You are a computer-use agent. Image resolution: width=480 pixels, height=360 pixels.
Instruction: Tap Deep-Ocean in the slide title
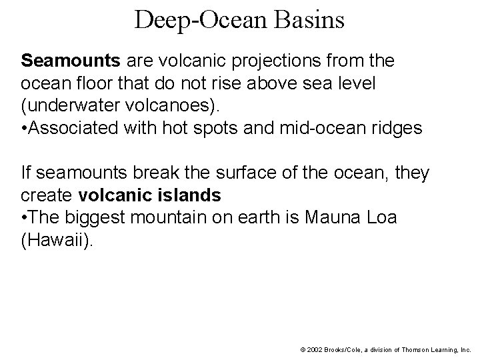click(x=197, y=20)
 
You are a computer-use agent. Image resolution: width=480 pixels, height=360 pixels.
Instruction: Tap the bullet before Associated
click(x=25, y=129)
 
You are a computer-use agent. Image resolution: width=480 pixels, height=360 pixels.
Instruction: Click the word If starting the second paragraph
click(x=26, y=174)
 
